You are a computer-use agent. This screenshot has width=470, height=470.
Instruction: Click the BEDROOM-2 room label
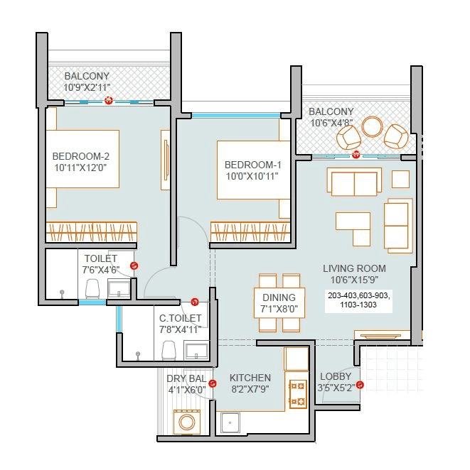80,156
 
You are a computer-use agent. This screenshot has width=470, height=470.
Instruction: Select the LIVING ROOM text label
354,268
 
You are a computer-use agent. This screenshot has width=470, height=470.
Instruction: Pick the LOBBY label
334,376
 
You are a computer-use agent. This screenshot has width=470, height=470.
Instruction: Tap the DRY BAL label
186,378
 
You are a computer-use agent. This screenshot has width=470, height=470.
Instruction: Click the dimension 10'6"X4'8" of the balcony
331,123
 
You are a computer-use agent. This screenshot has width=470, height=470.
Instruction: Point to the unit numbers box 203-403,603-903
359,300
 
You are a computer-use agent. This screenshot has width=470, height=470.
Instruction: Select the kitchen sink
231,423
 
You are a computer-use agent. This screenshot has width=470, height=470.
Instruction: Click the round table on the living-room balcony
372,126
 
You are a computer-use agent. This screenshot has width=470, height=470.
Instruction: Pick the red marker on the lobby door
360,386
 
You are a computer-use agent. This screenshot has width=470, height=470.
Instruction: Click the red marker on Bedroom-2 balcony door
108,101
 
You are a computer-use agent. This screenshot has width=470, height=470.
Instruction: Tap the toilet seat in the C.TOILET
169,349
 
